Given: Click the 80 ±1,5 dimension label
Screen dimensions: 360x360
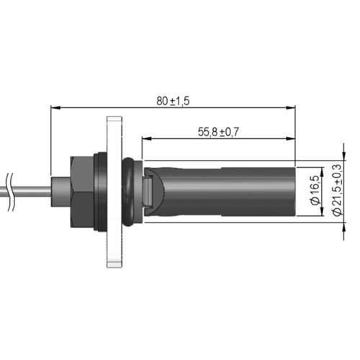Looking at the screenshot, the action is tap(173, 101).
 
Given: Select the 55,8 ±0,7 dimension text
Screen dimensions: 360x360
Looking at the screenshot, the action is tap(218, 132).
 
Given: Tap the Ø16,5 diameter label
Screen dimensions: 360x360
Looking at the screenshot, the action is tap(315, 190).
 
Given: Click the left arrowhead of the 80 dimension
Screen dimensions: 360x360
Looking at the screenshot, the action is tap(55, 108).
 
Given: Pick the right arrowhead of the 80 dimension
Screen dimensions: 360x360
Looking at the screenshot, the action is tap(290, 108).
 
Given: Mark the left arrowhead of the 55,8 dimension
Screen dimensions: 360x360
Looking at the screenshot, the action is tap(147, 138).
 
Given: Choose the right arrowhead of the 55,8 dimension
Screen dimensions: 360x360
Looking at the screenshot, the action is tap(290, 138).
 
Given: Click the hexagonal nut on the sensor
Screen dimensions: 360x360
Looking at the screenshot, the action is tap(81, 192).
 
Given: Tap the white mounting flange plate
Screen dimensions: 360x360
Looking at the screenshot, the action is tap(114, 192).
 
